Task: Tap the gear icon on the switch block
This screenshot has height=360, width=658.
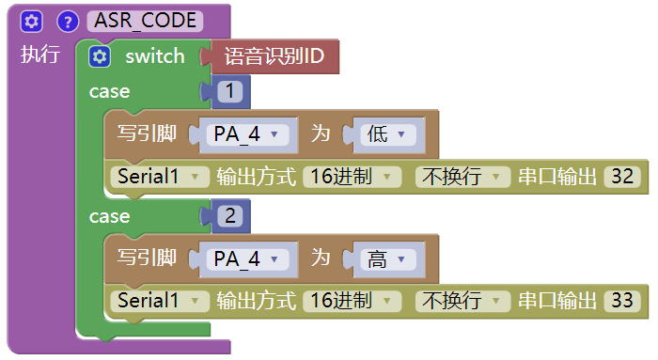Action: [x=100, y=56]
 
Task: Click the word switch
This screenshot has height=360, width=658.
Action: [x=155, y=56]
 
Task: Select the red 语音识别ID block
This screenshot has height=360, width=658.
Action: [x=274, y=56]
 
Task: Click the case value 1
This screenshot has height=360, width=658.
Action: [x=230, y=91]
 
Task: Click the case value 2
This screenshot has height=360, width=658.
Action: [x=230, y=216]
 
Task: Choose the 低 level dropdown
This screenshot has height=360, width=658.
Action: [x=386, y=134]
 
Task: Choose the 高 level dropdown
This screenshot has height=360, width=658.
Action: [x=386, y=259]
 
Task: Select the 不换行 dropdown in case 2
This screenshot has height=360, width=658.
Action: [x=463, y=301]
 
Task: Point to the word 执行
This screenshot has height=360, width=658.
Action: [x=39, y=55]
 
